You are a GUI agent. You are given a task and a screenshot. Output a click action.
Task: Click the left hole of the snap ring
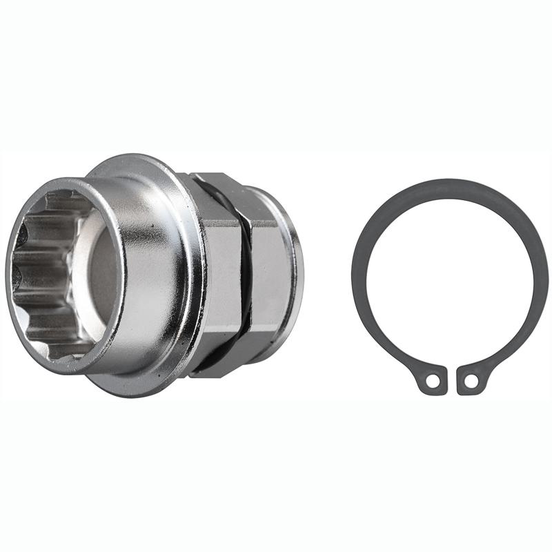coord(431,379)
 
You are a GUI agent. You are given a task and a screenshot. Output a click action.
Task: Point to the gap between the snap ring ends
coord(451,376)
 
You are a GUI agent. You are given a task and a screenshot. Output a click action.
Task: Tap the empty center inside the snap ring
coord(450,276)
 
